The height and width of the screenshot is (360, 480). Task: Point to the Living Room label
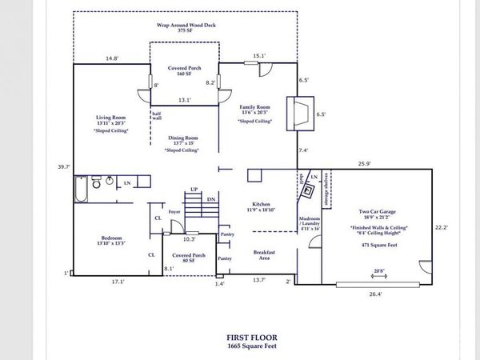click(x=111, y=118)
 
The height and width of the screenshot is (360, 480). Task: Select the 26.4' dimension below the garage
click(x=375, y=294)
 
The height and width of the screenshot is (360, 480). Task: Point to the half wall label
click(x=157, y=116)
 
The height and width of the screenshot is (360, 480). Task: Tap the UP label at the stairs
click(x=193, y=189)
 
